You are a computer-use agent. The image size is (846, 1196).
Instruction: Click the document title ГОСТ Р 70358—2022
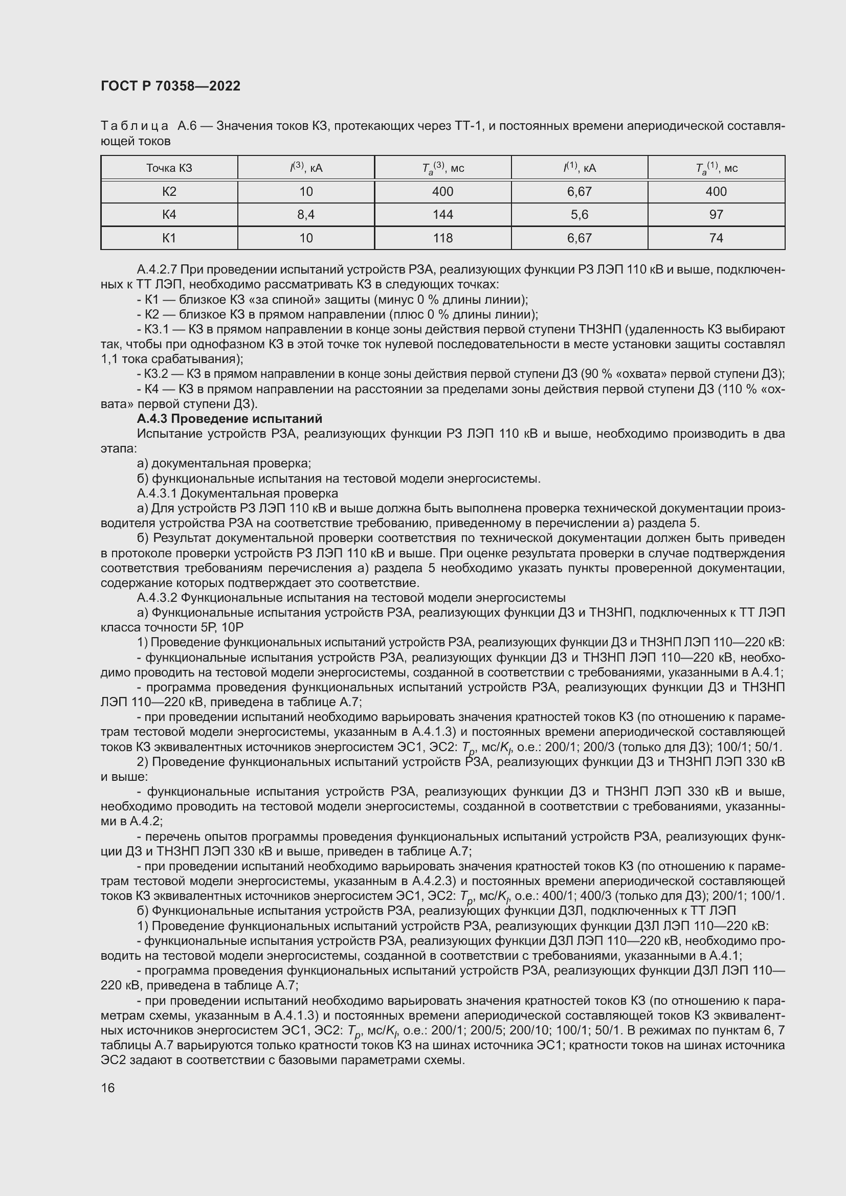(170, 86)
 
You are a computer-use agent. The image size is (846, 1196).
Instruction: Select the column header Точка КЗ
(169, 168)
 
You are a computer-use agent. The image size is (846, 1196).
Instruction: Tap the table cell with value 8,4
(306, 215)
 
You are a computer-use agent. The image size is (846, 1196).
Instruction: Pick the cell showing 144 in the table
(442, 215)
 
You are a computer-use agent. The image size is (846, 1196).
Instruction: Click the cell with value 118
(442, 238)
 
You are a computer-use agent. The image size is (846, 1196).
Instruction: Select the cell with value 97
(716, 215)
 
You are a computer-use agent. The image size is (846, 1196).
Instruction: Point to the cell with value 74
(716, 238)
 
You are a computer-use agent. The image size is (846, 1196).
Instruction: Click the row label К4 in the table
(169, 215)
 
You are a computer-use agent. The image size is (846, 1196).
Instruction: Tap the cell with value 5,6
(579, 215)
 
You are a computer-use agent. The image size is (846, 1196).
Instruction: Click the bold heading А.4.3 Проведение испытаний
(229, 419)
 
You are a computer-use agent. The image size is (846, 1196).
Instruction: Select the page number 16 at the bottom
(108, 1088)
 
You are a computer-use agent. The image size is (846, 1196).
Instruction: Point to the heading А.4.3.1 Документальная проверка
(237, 493)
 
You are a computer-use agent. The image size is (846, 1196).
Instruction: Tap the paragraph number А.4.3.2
(158, 597)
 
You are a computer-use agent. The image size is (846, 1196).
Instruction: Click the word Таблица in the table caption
(135, 126)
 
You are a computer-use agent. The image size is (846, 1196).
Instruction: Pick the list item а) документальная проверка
(224, 464)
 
